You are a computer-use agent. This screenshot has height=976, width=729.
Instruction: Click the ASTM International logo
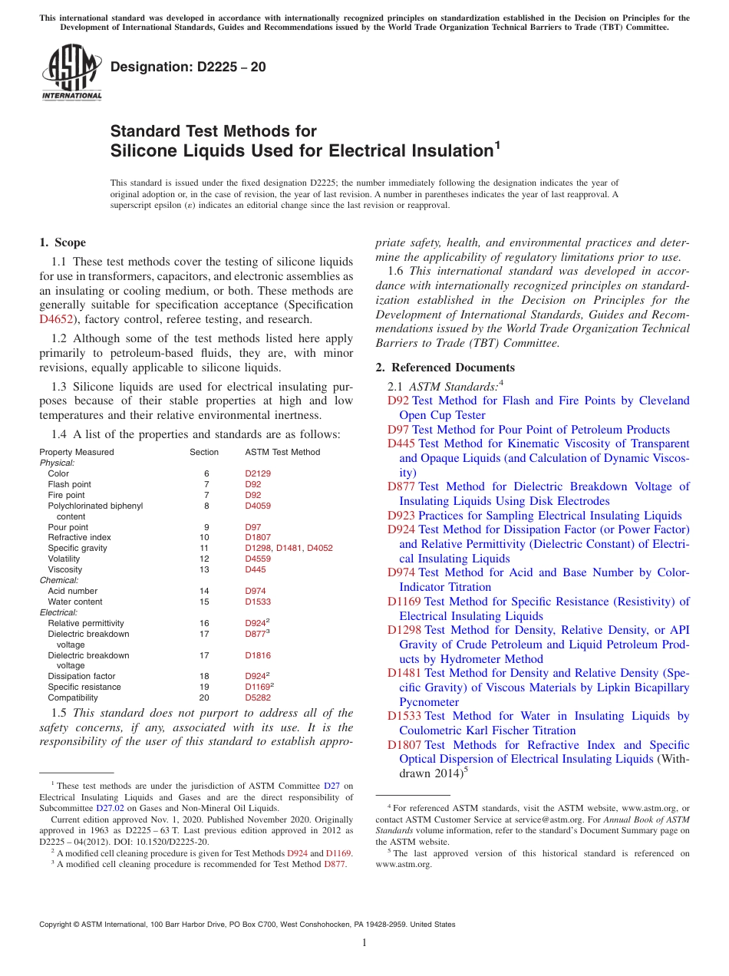(x=71, y=73)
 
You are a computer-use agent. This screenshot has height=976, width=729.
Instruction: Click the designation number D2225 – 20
(x=188, y=67)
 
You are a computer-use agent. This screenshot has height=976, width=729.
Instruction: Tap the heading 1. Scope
(x=62, y=242)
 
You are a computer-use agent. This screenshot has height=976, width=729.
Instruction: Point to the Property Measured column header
(x=76, y=452)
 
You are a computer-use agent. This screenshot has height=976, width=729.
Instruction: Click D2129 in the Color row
(x=257, y=473)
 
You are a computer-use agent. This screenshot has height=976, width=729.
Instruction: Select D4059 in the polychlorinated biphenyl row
(x=257, y=506)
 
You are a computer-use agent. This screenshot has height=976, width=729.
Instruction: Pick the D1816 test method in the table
(x=257, y=656)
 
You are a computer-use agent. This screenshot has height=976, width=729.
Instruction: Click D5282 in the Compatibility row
(x=257, y=698)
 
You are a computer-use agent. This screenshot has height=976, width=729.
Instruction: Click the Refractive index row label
(x=79, y=538)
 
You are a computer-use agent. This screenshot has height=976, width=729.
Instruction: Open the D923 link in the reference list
(x=401, y=516)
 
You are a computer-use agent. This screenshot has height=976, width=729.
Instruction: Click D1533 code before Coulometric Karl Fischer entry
(x=404, y=716)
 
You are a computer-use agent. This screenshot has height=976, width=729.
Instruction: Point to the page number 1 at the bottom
(x=364, y=942)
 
